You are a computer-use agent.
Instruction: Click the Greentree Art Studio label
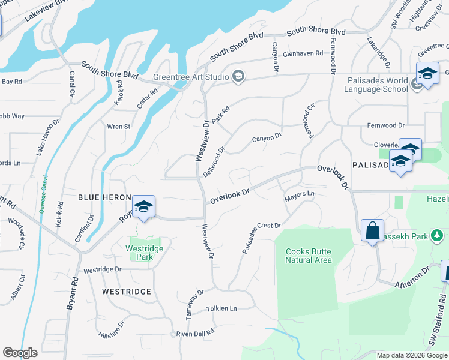pos(191,77)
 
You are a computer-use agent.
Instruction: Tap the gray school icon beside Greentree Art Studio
pos(238,76)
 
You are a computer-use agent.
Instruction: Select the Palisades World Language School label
pos(376,85)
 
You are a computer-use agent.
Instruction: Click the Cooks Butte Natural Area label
pos(309,256)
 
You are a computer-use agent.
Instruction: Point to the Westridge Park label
pos(139,253)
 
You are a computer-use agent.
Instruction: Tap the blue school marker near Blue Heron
pos(143,208)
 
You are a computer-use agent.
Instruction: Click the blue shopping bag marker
pos(372,230)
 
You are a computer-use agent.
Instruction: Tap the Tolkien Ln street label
pos(221,308)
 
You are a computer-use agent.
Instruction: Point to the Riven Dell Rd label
pos(195,333)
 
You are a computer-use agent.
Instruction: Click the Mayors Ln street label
pos(299,194)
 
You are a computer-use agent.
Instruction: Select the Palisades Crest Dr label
pos(262,238)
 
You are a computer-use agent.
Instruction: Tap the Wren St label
pos(118,127)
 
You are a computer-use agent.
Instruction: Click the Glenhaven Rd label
pos(303,53)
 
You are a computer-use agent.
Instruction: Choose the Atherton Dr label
pos(412,278)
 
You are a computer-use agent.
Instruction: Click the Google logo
pos(20,353)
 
